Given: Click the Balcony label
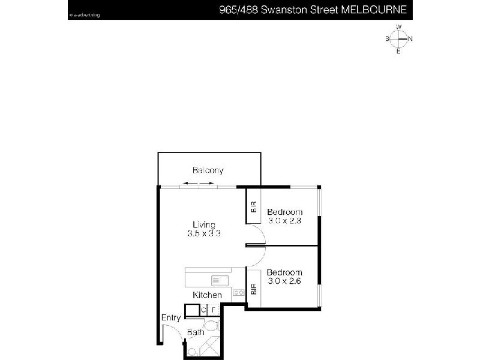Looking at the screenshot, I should tap(208, 170).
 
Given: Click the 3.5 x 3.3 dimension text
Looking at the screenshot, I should tap(204, 234).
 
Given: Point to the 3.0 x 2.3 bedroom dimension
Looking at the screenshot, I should tap(284, 221).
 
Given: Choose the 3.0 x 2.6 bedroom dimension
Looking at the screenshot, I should tap(284, 280).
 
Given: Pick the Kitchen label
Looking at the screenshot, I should tap(207, 295).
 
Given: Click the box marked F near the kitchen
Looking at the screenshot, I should tap(213, 310).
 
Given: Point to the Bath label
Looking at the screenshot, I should tap(196, 332).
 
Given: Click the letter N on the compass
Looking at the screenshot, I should tap(410, 39).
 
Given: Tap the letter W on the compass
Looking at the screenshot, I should tap(398, 27).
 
